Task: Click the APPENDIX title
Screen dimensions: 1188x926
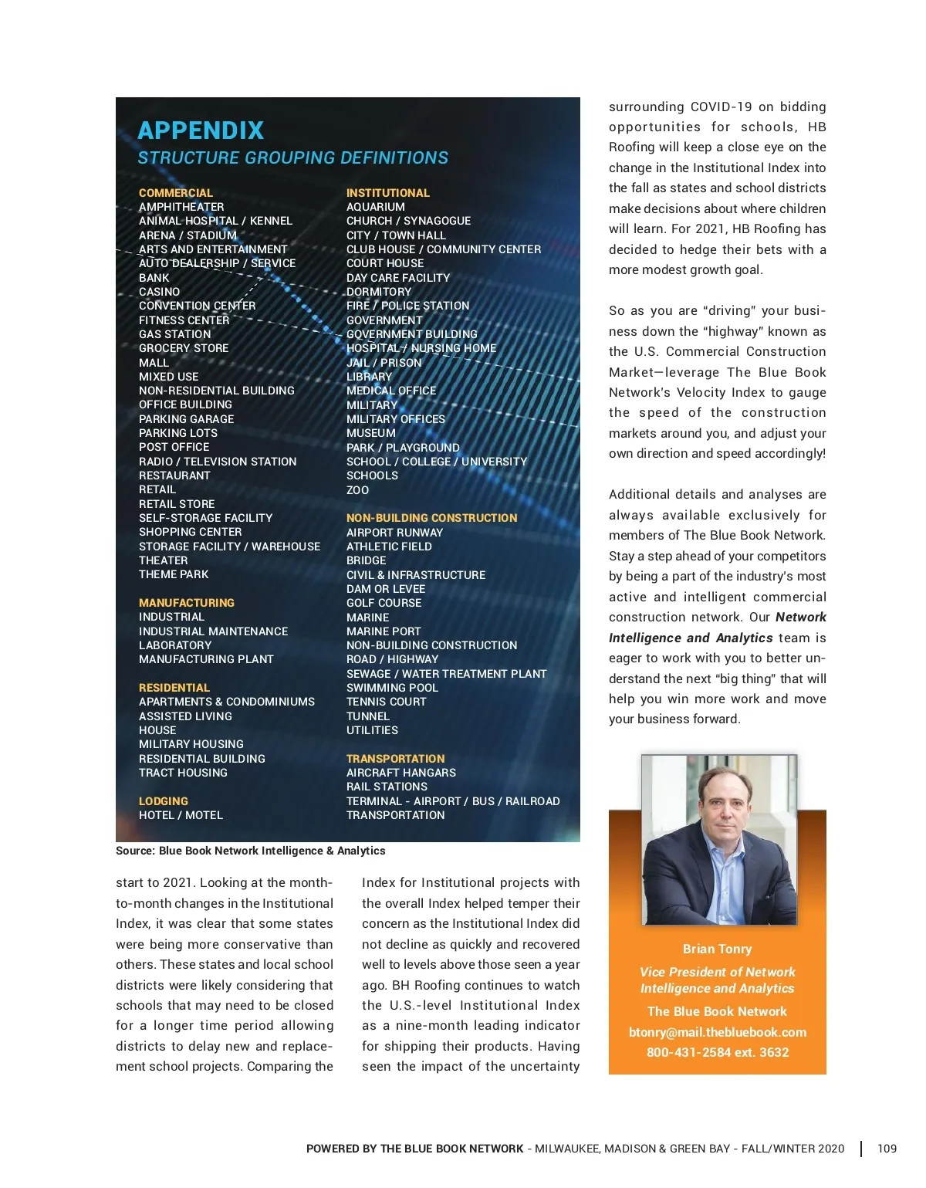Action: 201,130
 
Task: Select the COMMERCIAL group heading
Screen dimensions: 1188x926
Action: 176,193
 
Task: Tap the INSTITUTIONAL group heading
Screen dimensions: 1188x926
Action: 388,193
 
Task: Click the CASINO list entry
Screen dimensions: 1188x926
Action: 160,292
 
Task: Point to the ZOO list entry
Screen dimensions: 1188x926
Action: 358,490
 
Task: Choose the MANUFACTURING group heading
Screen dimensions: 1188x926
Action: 187,603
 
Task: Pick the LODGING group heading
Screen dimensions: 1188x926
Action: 164,801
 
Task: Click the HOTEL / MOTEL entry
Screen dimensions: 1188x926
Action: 181,815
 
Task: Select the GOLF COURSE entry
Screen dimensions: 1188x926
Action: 384,603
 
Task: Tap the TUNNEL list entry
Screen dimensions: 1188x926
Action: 368,716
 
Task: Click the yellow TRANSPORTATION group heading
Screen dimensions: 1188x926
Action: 396,759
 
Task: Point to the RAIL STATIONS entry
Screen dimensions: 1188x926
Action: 387,787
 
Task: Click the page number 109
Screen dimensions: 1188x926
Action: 887,1149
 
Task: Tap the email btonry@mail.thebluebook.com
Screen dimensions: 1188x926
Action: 718,1032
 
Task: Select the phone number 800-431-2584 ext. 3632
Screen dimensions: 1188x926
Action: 718,1052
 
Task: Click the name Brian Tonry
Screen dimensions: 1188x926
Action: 718,949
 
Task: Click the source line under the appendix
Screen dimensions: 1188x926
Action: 251,851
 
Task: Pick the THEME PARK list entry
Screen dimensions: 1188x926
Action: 174,574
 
